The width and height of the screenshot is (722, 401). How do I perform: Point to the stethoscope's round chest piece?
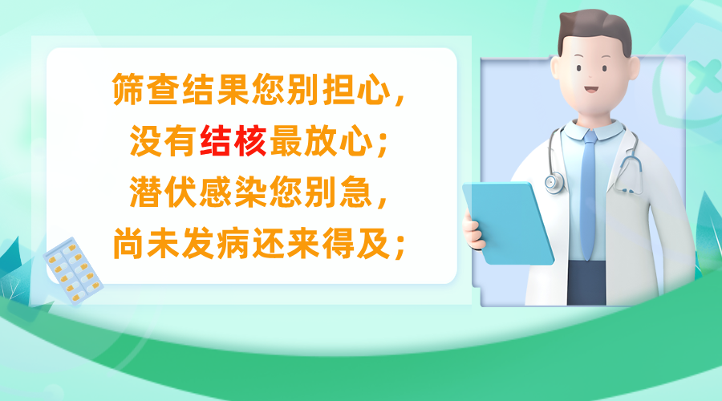click(553, 182)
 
